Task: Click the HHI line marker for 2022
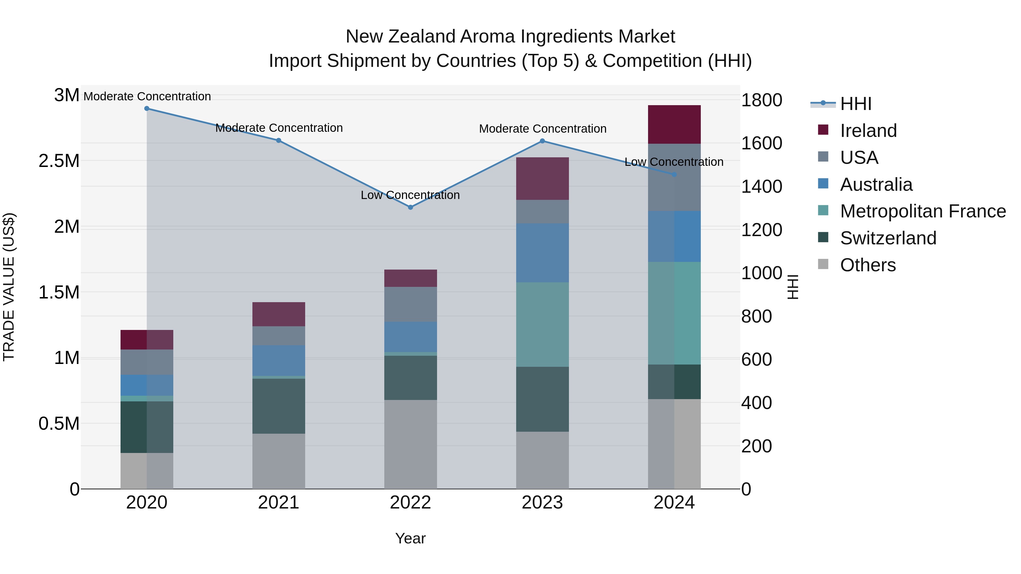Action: (411, 207)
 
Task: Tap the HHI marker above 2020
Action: (147, 109)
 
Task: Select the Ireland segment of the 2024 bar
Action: (674, 124)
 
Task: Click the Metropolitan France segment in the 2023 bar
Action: (542, 325)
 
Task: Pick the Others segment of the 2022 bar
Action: (411, 444)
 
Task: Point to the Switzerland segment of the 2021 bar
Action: (279, 406)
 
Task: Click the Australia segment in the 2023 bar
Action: (542, 253)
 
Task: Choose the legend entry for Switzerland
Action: (888, 238)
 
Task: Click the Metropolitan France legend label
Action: (923, 211)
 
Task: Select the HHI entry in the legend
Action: (855, 104)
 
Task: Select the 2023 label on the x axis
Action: (542, 503)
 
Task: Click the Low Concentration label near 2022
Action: (410, 195)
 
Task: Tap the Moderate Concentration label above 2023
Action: (543, 129)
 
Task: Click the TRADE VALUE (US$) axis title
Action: (9, 287)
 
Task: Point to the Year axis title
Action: (410, 538)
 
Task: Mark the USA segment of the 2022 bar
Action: (411, 304)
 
